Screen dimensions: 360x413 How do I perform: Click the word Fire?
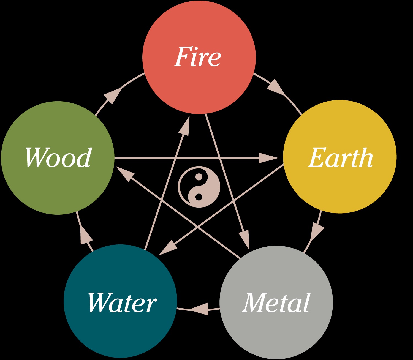coord(198,57)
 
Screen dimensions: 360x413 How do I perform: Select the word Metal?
coord(276,302)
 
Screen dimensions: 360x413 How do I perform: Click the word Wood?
coord(58,157)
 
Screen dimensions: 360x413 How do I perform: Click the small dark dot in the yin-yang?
coord(199,197)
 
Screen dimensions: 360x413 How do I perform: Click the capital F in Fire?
coord(182,57)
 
